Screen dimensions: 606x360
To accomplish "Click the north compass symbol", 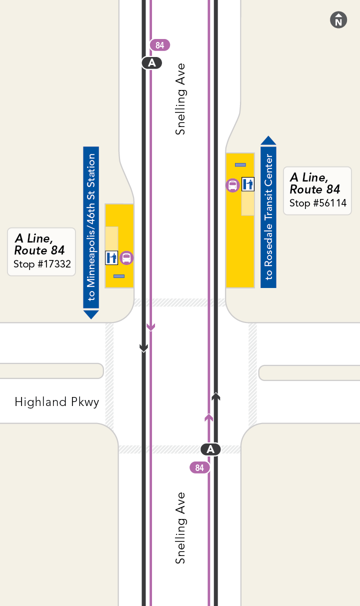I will click(x=338, y=20).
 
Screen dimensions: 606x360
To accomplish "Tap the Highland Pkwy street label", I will click(x=57, y=402).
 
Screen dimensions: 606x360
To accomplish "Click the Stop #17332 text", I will click(x=42, y=264).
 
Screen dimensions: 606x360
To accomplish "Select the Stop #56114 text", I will click(x=318, y=203).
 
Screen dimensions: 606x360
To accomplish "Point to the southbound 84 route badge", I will click(x=160, y=45).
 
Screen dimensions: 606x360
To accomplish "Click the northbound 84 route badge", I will click(x=199, y=468).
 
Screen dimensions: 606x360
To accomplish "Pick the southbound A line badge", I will click(x=152, y=63).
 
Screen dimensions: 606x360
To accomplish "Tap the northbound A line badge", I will click(x=210, y=449).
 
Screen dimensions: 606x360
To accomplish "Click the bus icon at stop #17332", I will click(x=127, y=258).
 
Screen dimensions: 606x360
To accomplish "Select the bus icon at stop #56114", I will click(x=232, y=185).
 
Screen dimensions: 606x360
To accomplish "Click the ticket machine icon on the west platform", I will click(x=111, y=258).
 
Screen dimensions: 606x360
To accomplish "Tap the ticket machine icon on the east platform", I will click(x=248, y=184).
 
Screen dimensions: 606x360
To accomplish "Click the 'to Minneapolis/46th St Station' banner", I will click(x=91, y=230).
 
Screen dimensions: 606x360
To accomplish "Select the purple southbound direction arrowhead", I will click(x=151, y=327).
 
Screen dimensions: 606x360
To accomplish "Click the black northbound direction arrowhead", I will click(x=215, y=397).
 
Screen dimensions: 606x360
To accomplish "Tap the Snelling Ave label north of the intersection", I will click(x=180, y=99).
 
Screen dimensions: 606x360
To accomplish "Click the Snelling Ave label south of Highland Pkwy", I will click(x=180, y=528).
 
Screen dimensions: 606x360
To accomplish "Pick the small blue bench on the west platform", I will click(x=119, y=276).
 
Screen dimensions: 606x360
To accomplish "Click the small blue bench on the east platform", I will click(x=240, y=164).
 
